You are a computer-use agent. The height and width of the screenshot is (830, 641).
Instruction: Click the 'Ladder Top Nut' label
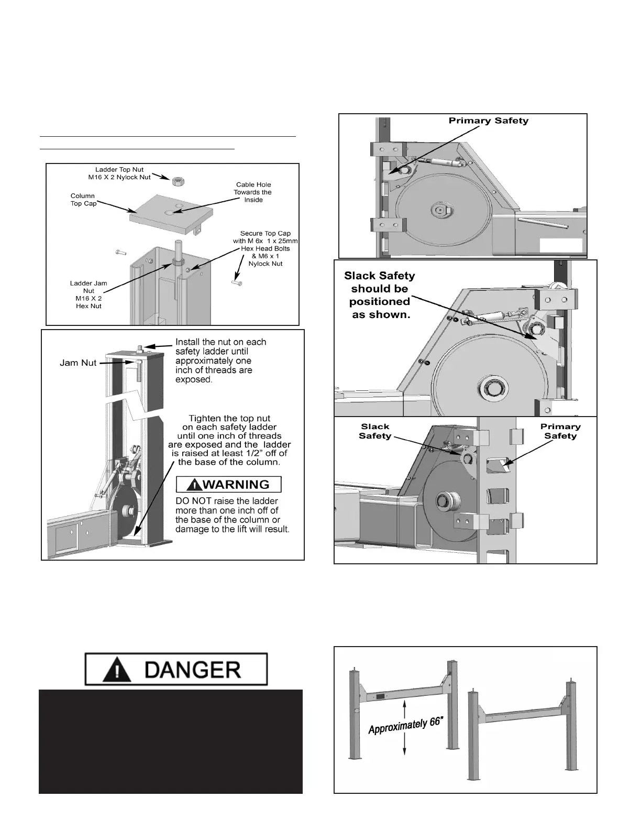(119, 173)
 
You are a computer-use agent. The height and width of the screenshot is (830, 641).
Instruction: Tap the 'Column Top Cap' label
(83, 200)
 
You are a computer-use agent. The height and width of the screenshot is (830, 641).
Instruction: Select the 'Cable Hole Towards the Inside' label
(253, 192)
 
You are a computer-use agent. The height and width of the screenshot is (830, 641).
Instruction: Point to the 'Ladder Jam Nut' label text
(89, 294)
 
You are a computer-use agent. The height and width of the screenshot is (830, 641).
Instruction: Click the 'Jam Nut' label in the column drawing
(78, 363)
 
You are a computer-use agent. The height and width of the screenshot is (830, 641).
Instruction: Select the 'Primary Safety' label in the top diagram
(489, 121)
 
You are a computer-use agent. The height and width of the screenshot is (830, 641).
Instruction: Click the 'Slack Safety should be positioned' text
(379, 295)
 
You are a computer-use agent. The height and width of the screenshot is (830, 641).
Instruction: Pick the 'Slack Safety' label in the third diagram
(375, 431)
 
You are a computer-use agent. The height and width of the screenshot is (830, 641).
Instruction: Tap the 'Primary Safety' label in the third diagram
(560, 431)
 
